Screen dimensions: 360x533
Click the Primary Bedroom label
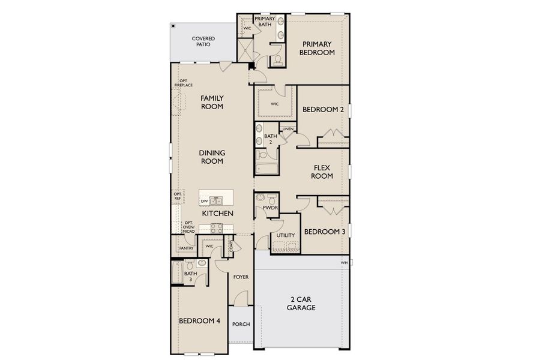pyautogui.click(x=318, y=48)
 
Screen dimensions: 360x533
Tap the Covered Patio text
pyautogui.click(x=203, y=42)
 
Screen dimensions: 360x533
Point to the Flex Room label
pyautogui.click(x=323, y=172)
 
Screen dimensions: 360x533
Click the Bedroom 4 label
pyautogui.click(x=199, y=321)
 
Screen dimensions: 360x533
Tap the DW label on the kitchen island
pyautogui.click(x=205, y=201)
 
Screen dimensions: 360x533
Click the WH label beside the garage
pyautogui.click(x=345, y=263)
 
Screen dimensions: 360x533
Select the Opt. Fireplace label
pyautogui.click(x=183, y=83)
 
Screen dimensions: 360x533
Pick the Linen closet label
pyautogui.click(x=288, y=129)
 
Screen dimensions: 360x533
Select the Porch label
pyautogui.click(x=241, y=324)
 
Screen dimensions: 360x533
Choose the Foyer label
pyautogui.click(x=241, y=277)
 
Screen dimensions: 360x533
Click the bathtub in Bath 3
pyautogui.click(x=177, y=273)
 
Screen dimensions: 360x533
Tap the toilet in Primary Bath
pyautogui.click(x=278, y=59)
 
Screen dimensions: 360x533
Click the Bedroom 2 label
pyautogui.click(x=323, y=110)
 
